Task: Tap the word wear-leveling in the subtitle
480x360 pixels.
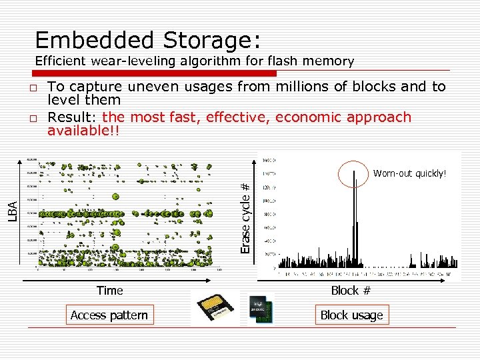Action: pos(131,61)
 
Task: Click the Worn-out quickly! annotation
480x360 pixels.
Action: pos(409,173)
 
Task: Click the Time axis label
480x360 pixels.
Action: pos(109,290)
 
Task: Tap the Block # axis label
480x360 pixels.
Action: pos(351,290)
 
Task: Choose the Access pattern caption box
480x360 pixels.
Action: pos(109,315)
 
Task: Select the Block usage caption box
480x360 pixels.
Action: pos(351,315)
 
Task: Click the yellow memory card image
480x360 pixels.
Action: pos(213,307)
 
